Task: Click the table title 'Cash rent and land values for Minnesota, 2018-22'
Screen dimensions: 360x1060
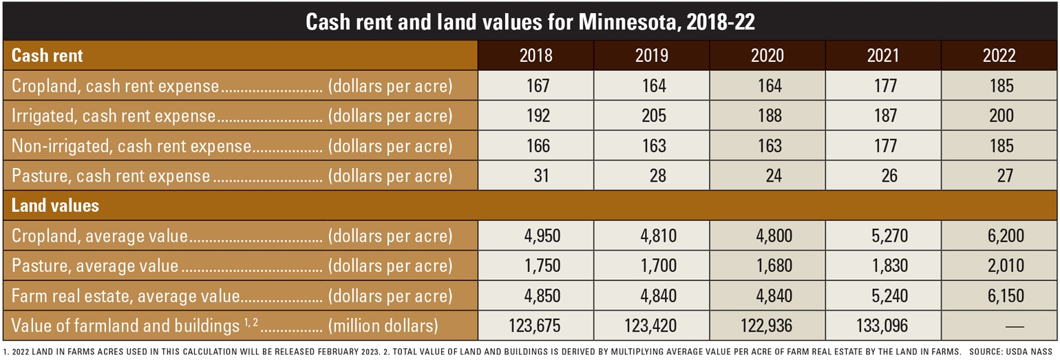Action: click(530, 22)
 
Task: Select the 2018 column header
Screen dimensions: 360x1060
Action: click(536, 56)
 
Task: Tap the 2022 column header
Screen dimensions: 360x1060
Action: click(999, 56)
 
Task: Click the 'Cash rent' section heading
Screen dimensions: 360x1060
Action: click(47, 56)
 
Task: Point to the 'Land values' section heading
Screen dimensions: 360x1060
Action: click(55, 205)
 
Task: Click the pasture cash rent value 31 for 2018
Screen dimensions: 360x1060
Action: click(542, 176)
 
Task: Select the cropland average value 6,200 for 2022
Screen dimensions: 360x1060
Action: click(1004, 236)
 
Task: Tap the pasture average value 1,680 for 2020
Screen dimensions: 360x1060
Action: click(769, 266)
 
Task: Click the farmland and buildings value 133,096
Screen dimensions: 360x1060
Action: click(883, 326)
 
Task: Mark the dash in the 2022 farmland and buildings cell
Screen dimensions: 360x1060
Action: click(1005, 326)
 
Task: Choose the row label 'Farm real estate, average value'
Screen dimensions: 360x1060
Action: click(125, 296)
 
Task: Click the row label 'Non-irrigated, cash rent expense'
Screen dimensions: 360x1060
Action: click(131, 146)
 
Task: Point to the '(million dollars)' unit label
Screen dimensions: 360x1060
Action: click(383, 326)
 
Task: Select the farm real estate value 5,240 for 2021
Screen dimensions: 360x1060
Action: click(888, 296)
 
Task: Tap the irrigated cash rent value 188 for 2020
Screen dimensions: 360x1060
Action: click(769, 116)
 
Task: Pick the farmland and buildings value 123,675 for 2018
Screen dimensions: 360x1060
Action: click(535, 326)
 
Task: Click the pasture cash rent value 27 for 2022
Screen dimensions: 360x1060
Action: click(1005, 176)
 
